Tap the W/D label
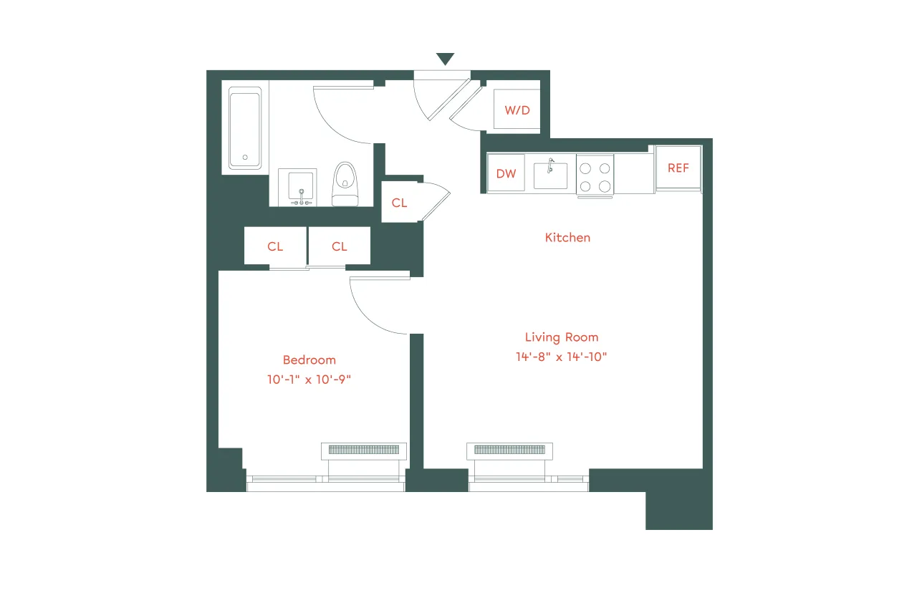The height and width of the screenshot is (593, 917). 517,110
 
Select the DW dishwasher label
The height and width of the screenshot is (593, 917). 506,174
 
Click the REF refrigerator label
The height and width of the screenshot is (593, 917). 678,168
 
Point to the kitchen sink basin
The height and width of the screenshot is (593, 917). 550,175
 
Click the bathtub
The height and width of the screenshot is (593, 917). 245,129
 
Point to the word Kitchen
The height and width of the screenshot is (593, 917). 567,237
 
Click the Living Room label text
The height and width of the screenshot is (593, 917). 561,337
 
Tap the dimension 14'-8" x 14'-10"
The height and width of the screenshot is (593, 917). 561,356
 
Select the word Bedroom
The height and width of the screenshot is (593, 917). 309,360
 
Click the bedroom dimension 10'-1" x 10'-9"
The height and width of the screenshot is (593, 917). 309,380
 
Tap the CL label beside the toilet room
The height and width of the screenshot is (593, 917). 399,203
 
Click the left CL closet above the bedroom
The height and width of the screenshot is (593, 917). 275,246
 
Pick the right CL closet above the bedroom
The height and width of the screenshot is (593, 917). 339,246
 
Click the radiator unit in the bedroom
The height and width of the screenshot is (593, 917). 364,450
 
